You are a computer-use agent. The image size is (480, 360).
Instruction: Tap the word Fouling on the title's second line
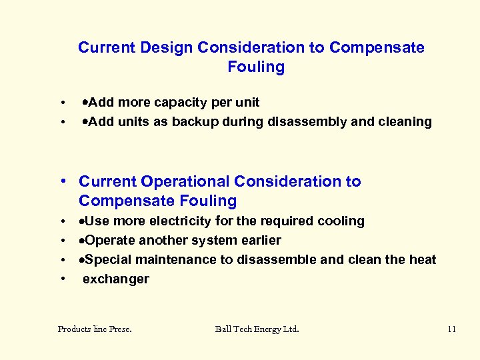(x=256, y=67)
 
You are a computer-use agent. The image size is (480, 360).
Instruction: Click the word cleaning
(x=404, y=122)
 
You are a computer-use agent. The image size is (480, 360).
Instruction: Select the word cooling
(x=341, y=221)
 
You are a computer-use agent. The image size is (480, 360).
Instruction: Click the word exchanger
(x=116, y=279)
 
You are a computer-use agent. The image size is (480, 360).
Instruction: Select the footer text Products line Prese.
(x=95, y=329)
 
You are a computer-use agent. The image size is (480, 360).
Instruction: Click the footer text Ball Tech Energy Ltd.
(x=257, y=329)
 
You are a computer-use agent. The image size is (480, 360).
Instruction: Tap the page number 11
(x=451, y=329)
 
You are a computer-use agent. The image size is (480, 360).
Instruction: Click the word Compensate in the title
(x=377, y=48)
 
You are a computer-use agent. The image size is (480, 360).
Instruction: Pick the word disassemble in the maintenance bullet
(x=279, y=259)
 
